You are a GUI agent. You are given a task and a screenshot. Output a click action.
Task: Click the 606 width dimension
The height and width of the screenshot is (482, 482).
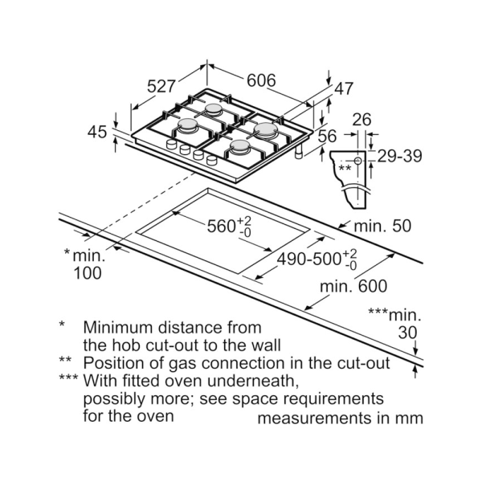262,80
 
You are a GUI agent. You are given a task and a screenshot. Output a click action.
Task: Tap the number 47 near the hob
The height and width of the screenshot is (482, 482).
344,89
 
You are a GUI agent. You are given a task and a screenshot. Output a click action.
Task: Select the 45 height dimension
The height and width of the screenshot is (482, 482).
97,132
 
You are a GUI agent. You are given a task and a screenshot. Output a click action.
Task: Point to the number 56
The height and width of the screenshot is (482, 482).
327,137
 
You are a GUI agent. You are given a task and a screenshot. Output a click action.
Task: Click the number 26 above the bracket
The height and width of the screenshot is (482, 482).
362,120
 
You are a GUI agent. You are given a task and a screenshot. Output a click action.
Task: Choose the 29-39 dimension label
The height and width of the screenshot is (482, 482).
399,156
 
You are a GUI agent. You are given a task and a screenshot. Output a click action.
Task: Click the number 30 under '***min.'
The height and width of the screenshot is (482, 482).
408,333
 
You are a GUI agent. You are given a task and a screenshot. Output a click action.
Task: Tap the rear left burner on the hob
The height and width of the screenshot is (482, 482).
214,109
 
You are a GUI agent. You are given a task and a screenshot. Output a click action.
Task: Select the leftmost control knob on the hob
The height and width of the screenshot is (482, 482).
171,145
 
